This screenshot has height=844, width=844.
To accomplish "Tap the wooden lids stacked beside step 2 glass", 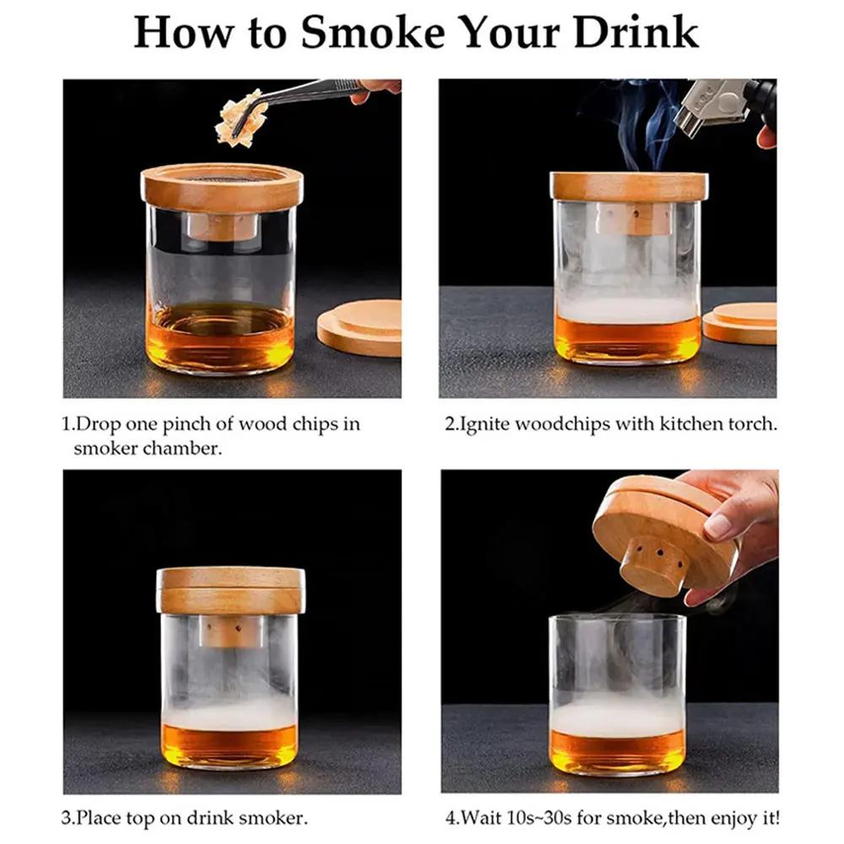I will click(740, 323).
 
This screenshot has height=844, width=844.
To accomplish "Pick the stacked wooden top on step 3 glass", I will click(230, 589).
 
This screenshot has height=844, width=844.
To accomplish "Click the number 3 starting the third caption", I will click(65, 817).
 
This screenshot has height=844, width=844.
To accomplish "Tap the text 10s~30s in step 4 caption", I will click(556, 817).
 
